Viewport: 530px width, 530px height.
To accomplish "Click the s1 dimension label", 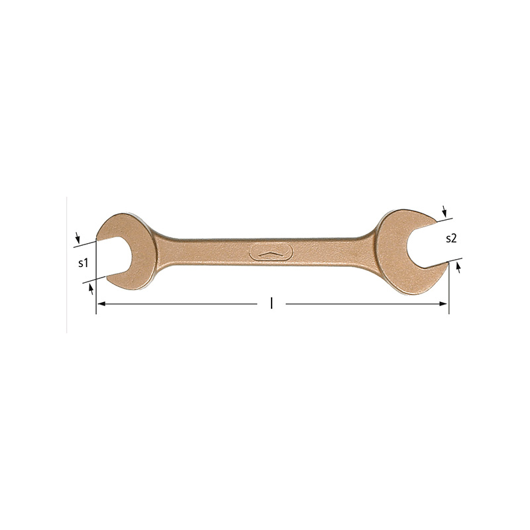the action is (83, 262).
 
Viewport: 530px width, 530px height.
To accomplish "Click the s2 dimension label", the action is (451, 238).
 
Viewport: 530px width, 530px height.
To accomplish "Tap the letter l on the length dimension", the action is (271, 303).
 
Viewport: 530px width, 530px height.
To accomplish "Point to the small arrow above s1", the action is (78, 238).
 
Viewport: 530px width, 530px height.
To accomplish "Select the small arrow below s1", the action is (91, 290).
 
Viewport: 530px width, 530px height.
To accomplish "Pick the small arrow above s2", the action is (444, 211).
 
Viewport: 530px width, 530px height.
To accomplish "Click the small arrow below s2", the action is (458, 268).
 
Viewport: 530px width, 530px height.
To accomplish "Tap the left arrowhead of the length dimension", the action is (101, 304).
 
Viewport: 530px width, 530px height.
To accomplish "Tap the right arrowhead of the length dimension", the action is (443, 304).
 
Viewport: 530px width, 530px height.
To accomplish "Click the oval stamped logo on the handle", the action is (272, 252).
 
